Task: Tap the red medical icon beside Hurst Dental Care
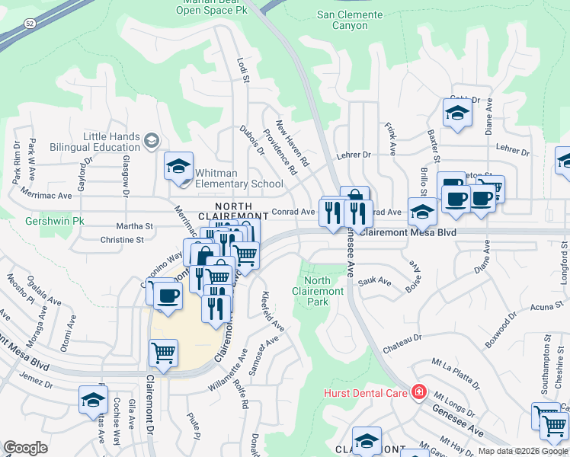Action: pos(418,392)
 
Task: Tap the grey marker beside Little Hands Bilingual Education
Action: pos(151,140)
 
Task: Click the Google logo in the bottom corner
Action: pos(25,448)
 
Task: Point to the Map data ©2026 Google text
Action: pos(523,451)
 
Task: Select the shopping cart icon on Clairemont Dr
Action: pos(164,353)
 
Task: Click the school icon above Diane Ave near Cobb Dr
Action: pos(456,114)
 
